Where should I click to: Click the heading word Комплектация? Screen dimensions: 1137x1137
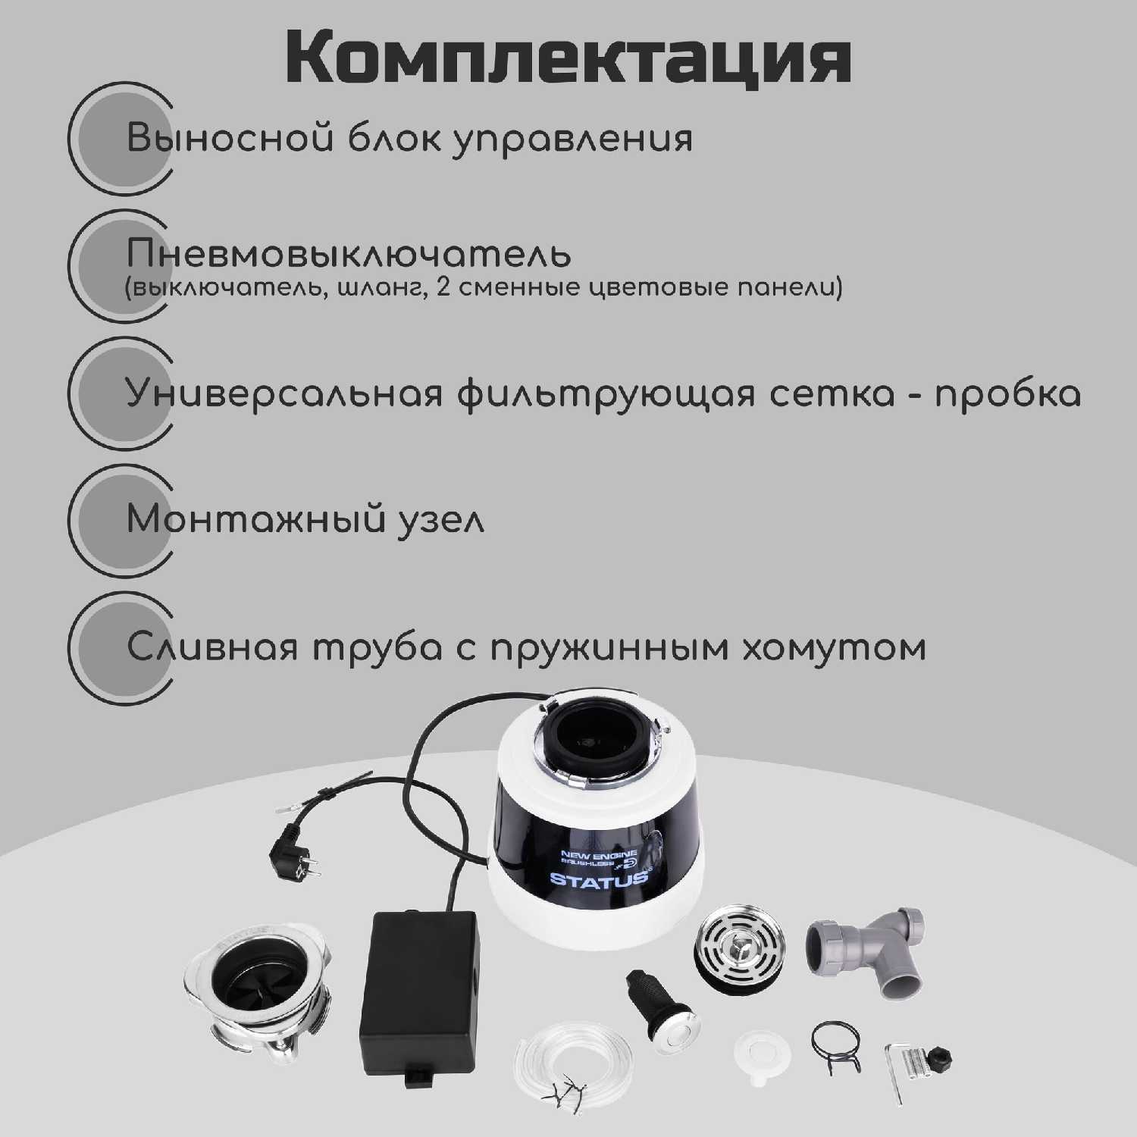tap(568, 59)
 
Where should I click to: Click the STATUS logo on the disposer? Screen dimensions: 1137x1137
tap(599, 879)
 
